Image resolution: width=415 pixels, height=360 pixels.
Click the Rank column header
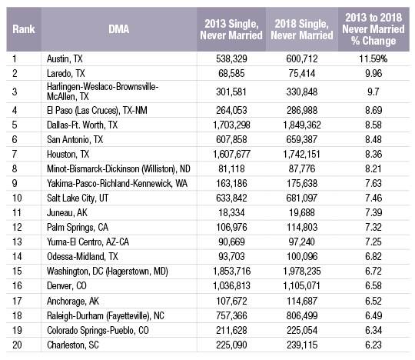[x=24, y=29]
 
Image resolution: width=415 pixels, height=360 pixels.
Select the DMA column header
[x=119, y=29]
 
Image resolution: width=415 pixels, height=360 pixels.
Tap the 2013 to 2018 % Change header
[x=373, y=29]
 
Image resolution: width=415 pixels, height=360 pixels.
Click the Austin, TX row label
[x=65, y=58]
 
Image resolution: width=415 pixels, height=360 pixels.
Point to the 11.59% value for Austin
[x=373, y=58]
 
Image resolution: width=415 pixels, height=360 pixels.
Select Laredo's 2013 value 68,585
[x=231, y=73]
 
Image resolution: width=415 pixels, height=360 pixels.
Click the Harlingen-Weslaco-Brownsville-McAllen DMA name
[x=102, y=92]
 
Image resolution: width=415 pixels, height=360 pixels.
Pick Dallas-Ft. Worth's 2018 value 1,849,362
[x=302, y=125]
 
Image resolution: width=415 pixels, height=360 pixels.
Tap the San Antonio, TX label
[x=75, y=139]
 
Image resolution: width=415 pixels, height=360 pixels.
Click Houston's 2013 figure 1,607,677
[x=231, y=154]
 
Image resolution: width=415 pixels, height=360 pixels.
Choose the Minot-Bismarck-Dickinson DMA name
[x=118, y=169]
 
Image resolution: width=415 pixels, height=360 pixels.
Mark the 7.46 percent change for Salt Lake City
[x=373, y=198]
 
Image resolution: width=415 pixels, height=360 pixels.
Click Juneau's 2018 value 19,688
[x=302, y=213]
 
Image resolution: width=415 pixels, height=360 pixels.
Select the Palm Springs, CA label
[x=78, y=228]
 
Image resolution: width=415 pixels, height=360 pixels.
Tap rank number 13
[x=16, y=242]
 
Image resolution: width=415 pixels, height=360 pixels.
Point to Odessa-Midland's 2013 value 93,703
[x=231, y=256]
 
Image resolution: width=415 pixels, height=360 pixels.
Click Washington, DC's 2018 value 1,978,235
[x=302, y=271]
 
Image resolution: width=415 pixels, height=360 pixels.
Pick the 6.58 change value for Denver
[x=373, y=286]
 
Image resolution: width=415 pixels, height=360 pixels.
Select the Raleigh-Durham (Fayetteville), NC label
[x=105, y=315]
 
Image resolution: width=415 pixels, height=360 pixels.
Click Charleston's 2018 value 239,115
[x=302, y=345]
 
